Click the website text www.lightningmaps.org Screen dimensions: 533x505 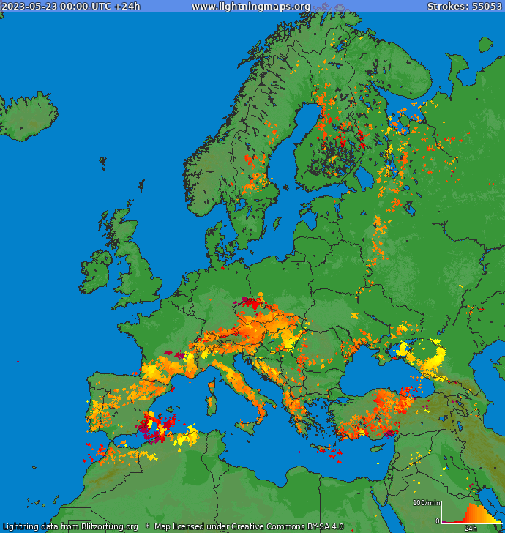coord(250,7)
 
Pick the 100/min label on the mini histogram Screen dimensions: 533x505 coord(426,503)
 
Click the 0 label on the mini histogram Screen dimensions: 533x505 coord(437,521)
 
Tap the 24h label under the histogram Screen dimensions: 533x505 coord(471,528)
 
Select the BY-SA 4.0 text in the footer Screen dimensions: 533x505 coord(320,526)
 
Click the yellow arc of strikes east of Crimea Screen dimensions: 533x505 coord(432,359)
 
